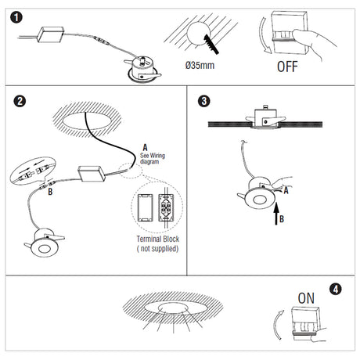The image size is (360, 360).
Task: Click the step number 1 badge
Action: (x=16, y=18)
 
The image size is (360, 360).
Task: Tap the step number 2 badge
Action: (x=20, y=101)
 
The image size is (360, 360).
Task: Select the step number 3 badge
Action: (x=204, y=101)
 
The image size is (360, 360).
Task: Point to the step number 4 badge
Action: (x=336, y=289)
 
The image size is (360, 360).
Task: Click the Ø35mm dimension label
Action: (x=200, y=65)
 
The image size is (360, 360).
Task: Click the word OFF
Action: (x=287, y=67)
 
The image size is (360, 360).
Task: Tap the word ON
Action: (x=306, y=298)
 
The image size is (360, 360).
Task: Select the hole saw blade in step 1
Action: (x=211, y=44)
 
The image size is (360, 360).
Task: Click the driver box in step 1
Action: (x=51, y=34)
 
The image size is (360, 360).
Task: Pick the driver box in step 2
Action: (x=92, y=174)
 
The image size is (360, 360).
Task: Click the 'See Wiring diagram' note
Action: (x=153, y=159)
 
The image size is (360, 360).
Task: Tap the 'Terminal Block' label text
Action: (x=158, y=239)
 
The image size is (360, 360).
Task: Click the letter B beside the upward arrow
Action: (x=282, y=219)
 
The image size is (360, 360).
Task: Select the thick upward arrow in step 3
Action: (x=276, y=214)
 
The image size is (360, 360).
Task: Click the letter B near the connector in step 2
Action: (x=50, y=192)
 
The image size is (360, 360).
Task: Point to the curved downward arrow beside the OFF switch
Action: (x=264, y=36)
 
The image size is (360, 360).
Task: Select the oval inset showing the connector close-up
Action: (x=33, y=171)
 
